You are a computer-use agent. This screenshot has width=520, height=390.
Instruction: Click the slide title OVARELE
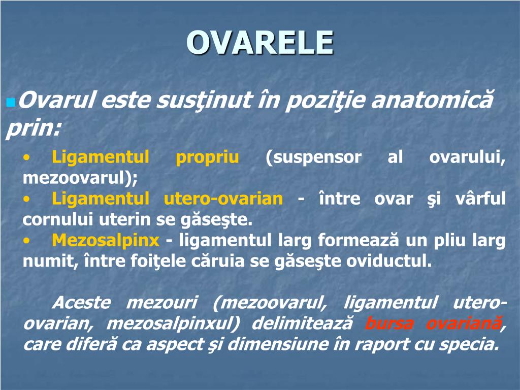pos(260,42)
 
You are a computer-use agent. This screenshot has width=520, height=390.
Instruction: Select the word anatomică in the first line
pos(432,100)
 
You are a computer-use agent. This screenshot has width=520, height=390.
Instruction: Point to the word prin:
pos(34,128)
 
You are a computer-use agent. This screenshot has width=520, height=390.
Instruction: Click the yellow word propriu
pos(207,157)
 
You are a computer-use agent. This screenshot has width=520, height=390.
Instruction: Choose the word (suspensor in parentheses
pos(313,157)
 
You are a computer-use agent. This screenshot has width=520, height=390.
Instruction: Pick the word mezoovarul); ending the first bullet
pos(80,178)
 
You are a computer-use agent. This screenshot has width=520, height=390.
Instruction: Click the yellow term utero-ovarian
pos(223,199)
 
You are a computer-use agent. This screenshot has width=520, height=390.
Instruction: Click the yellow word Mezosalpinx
pos(106,240)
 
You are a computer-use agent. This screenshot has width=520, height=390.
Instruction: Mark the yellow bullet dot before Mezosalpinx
pos(26,241)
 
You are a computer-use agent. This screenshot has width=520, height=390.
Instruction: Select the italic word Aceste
pos(81,303)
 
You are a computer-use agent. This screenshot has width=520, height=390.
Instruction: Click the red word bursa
pos(389,323)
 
